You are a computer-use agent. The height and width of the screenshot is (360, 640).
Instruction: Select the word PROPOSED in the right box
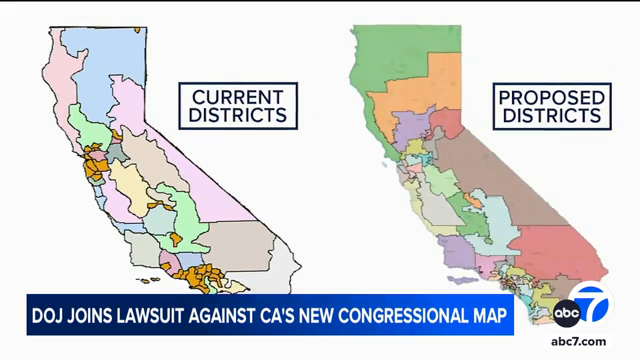[x=552, y=97]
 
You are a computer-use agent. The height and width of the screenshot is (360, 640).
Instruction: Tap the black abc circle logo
[x=566, y=313]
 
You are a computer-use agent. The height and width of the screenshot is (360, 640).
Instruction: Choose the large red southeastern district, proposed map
[x=560, y=240]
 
